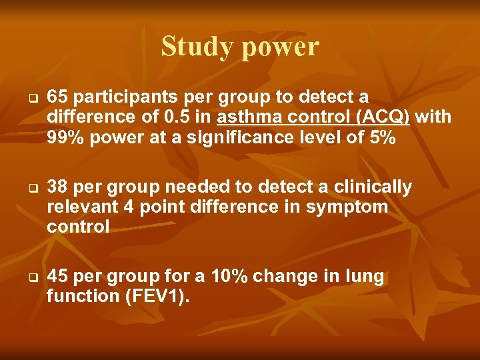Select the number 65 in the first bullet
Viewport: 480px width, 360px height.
pos(57,97)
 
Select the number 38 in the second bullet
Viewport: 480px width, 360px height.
pos(57,187)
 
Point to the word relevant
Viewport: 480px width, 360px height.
pos(81,207)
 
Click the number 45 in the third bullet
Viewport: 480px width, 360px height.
pos(57,277)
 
